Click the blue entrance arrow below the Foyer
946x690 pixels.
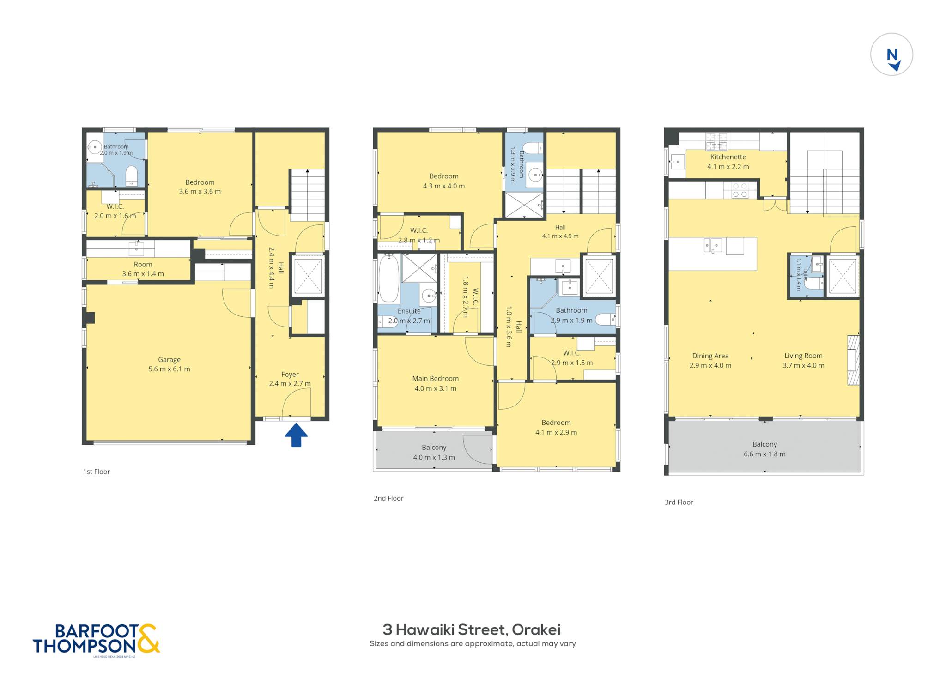point(296,436)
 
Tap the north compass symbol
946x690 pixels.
point(891,54)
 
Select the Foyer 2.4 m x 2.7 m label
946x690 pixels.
point(290,379)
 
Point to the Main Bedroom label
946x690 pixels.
point(436,383)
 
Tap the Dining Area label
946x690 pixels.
point(710,361)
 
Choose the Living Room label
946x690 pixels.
point(803,360)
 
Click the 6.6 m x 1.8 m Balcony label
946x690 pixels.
point(764,449)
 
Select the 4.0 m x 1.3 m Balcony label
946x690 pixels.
point(434,452)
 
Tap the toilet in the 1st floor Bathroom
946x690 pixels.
point(132,176)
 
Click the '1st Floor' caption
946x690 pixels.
point(97,472)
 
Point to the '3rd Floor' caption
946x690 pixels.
point(679,502)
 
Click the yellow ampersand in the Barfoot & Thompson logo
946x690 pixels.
point(148,638)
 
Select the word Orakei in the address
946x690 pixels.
point(536,629)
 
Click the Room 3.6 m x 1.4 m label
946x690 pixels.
point(143,269)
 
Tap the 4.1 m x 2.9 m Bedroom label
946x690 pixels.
point(556,427)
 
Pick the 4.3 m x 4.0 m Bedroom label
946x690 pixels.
point(444,181)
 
